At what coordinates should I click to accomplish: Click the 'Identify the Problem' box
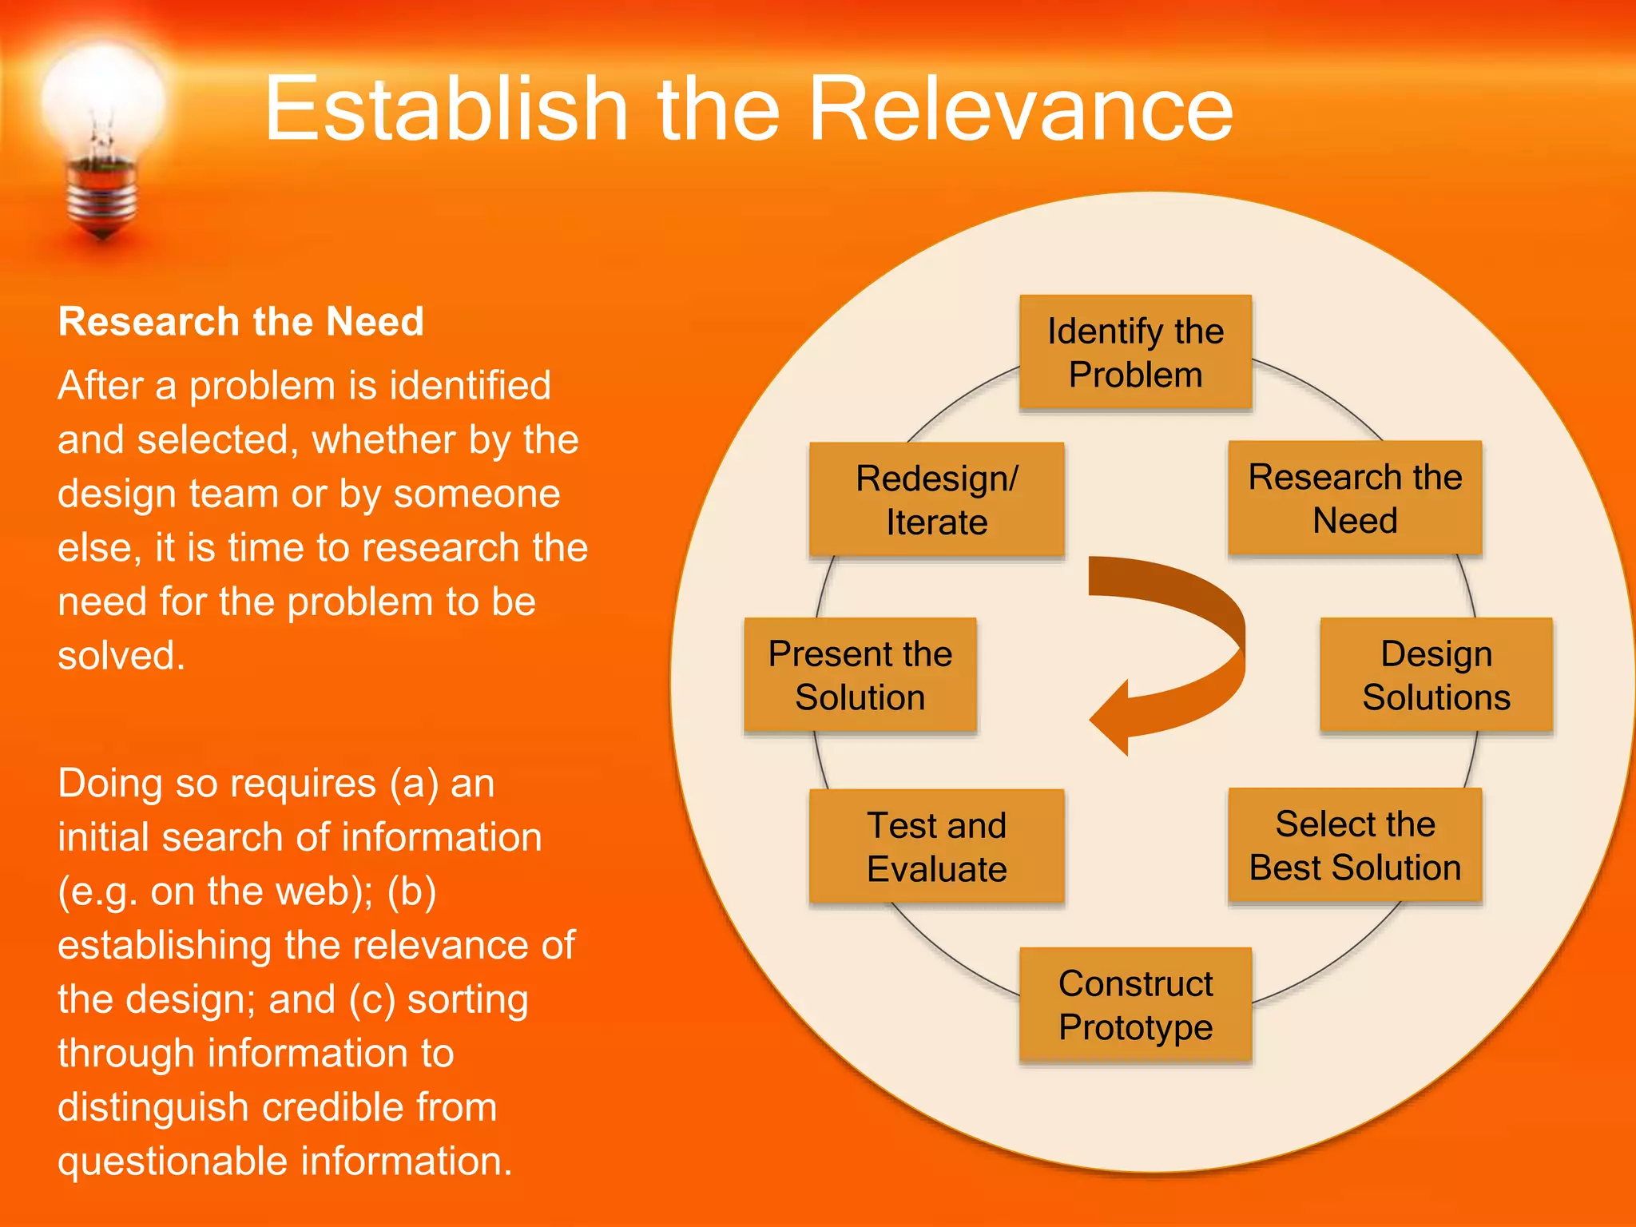(1135, 352)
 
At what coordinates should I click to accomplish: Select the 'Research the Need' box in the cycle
(1355, 498)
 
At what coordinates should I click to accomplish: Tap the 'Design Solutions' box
(1435, 675)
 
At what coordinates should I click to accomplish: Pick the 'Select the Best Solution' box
(1355, 845)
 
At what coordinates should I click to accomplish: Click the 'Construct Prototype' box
(1135, 1005)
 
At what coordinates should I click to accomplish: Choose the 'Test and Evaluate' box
(936, 847)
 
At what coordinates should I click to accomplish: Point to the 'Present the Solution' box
(860, 675)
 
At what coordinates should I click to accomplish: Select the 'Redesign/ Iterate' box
(936, 500)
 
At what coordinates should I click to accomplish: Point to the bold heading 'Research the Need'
(240, 322)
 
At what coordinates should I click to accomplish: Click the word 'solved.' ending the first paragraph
(121, 656)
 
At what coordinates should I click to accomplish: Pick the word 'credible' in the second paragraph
(334, 1107)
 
